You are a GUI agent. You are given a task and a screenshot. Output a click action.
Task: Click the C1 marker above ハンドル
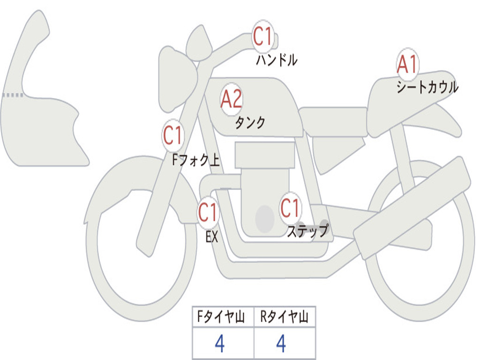tap(263, 37)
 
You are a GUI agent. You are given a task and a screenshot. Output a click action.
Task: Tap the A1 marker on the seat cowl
tap(407, 65)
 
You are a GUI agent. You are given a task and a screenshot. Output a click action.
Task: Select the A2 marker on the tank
tap(231, 99)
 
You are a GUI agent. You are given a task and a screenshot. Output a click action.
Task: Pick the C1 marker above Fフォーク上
tap(172, 135)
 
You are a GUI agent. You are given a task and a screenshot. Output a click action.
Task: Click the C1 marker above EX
tap(208, 212)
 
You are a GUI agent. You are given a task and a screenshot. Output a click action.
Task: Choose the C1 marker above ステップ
tap(290, 208)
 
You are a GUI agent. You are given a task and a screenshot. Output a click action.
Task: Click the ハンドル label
tap(277, 60)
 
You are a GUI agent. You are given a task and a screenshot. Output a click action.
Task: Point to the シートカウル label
tap(427, 87)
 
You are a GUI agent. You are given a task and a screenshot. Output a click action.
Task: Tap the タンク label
tap(250, 122)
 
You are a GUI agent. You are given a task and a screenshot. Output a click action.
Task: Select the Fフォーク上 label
tap(195, 161)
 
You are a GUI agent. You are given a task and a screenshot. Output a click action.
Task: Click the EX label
tap(212, 237)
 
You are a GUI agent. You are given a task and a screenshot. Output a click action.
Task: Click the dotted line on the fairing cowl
tap(13, 95)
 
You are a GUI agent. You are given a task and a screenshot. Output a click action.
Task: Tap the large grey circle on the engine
tap(264, 218)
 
